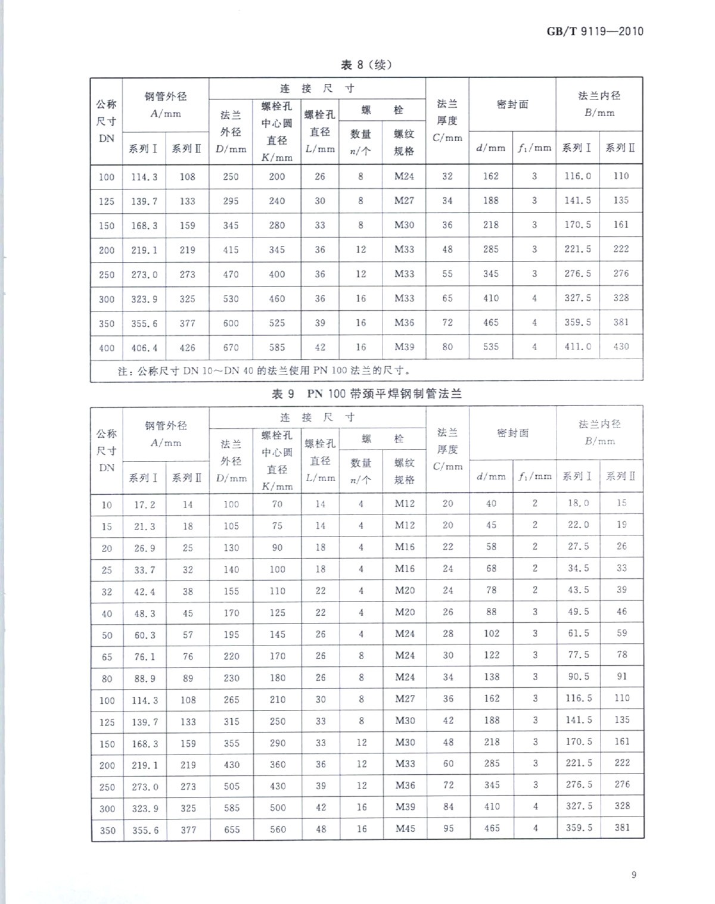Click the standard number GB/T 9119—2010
[x=595, y=31]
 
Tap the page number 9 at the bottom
[x=634, y=874]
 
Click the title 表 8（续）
[x=366, y=65]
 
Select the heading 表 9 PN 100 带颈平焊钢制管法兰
[x=366, y=394]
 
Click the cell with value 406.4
[x=144, y=348]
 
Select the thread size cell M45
[x=405, y=828]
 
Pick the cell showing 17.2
[x=144, y=504]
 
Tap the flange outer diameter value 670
[x=231, y=347]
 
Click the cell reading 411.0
[x=578, y=347]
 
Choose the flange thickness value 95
[x=448, y=828]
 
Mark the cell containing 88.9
[x=144, y=678]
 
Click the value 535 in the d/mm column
[x=491, y=347]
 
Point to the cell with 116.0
[x=578, y=176]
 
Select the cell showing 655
[x=231, y=829]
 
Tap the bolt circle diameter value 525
[x=277, y=323]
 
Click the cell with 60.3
[x=144, y=635]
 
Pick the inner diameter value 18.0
[x=578, y=503]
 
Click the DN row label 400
[x=107, y=348]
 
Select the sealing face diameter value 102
[x=492, y=634]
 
